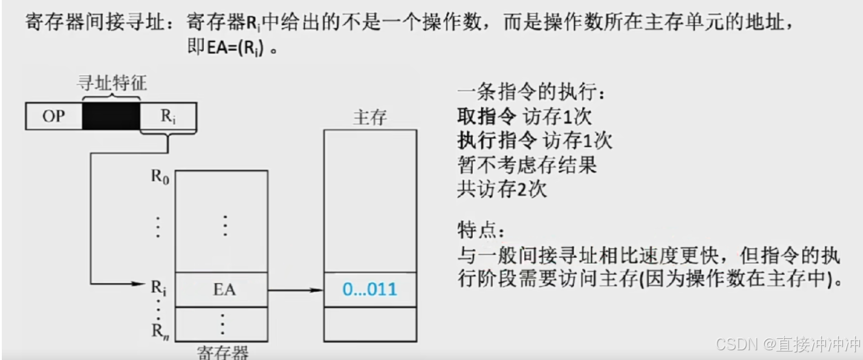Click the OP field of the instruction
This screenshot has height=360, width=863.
53,117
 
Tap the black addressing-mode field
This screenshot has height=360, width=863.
111,117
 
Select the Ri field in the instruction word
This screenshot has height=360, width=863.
168,117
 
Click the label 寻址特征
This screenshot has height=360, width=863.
112,83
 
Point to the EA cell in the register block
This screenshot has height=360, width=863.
224,290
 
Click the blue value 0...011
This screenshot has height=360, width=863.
370,289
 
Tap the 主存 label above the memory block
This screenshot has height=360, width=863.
370,117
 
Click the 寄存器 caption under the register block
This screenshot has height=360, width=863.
223,352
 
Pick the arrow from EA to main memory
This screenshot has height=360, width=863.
295,290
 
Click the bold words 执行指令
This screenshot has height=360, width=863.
496,141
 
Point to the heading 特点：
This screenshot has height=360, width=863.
480,231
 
